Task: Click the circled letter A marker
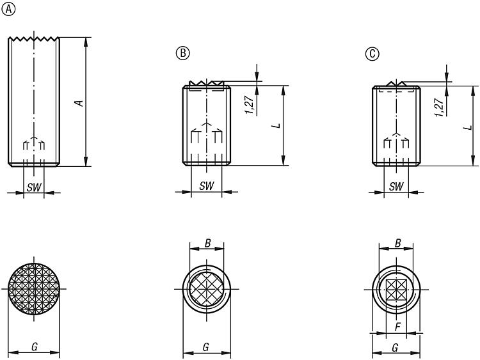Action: pos(8,10)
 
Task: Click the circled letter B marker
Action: pos(183,53)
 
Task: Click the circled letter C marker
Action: pos(372,54)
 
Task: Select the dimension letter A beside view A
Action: pos(80,104)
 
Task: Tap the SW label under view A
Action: pos(34,187)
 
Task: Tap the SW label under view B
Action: pos(207,185)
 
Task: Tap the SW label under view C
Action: pos(396,186)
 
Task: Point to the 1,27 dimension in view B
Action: pos(249,105)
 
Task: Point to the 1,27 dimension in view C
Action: pos(439,107)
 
